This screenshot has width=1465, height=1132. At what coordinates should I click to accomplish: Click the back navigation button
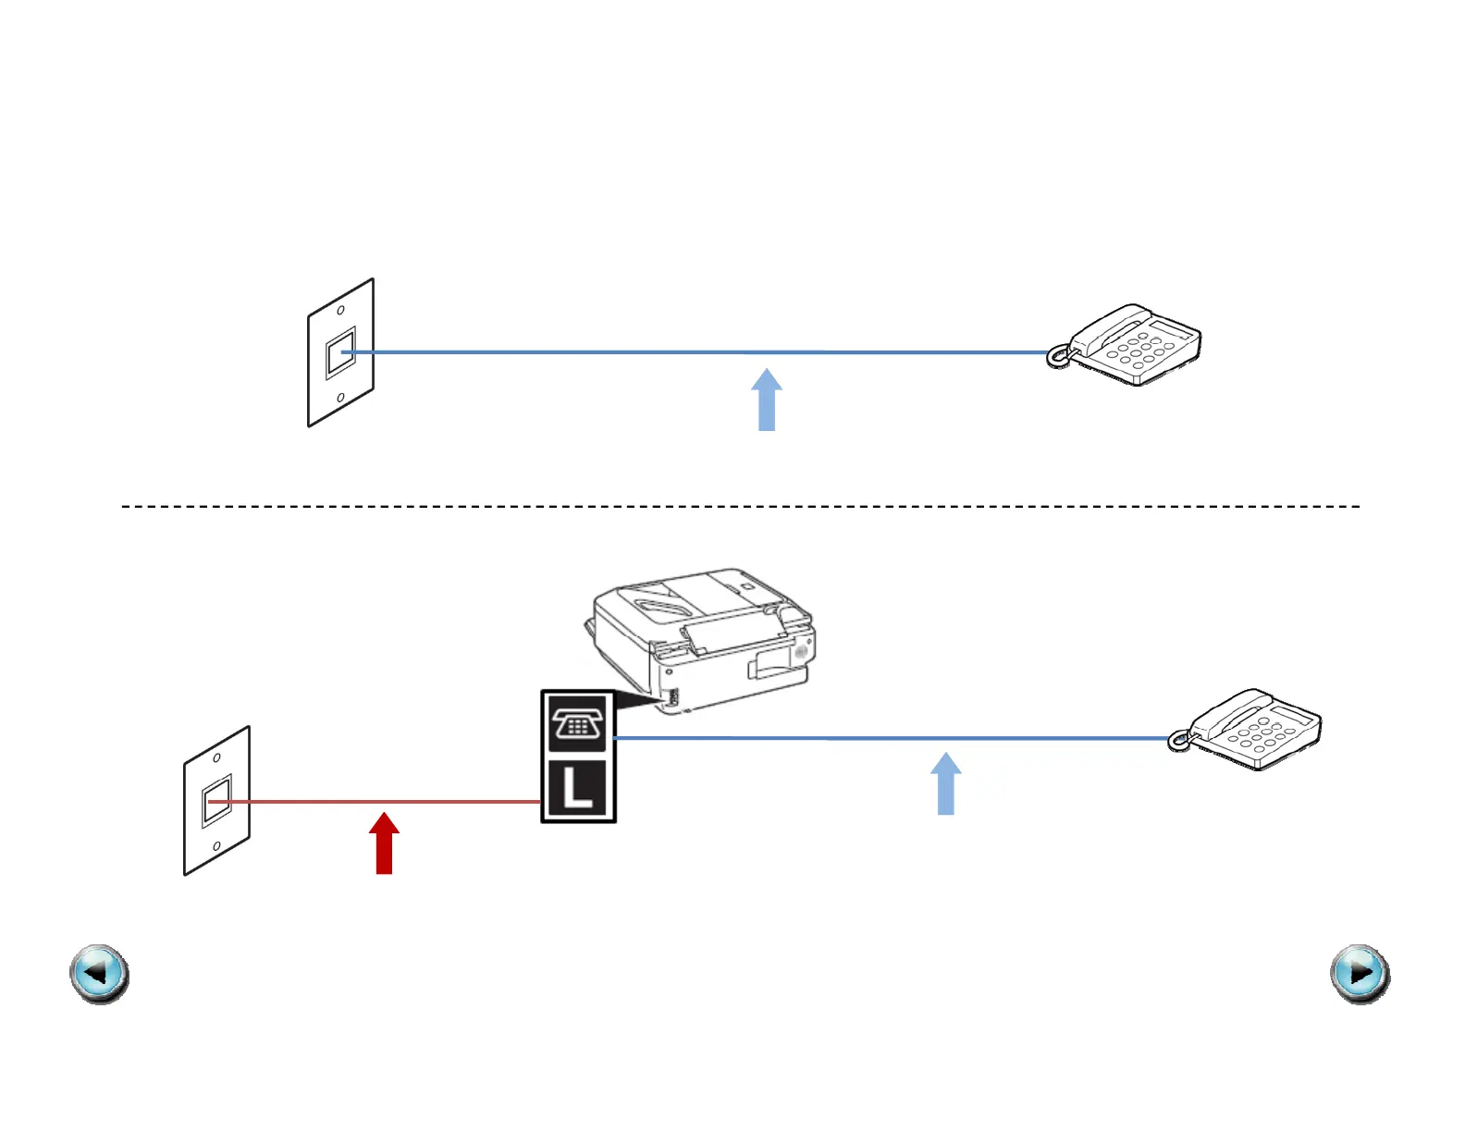99,974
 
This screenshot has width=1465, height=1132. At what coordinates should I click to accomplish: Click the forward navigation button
1360,974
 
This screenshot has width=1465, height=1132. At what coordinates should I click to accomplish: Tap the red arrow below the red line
384,843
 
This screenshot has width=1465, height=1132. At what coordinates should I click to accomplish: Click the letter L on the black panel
577,788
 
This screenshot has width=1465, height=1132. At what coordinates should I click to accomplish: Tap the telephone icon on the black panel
578,721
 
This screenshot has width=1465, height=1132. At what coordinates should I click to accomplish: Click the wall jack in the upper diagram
340,352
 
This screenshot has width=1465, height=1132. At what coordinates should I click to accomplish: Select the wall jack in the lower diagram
216,801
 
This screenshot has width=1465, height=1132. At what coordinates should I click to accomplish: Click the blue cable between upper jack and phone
694,352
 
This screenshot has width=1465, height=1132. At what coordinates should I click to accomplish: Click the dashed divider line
740,507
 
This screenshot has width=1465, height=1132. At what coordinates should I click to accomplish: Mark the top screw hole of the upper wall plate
340,311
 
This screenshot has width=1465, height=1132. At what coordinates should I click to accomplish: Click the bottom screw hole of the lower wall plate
216,846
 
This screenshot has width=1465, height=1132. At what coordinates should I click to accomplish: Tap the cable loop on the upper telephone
1056,357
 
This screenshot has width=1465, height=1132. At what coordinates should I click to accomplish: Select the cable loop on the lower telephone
1177,741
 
